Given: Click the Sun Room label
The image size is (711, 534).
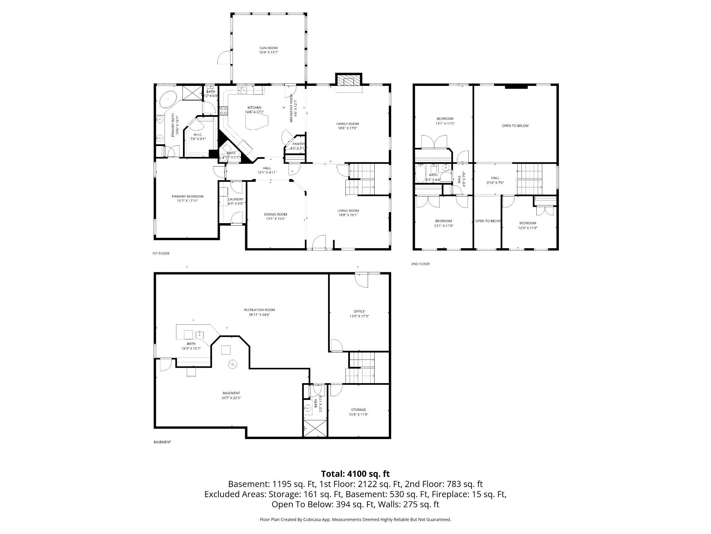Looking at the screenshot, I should [269, 48].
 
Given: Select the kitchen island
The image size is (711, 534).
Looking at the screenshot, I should [257, 122].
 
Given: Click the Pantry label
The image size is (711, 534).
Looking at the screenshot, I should [298, 144].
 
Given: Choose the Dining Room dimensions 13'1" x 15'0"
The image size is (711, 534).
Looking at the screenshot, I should [275, 219].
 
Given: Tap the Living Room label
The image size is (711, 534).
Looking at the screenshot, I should [348, 210].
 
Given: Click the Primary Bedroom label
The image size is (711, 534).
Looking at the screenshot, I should [187, 196].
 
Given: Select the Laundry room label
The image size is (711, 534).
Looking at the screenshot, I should [235, 199].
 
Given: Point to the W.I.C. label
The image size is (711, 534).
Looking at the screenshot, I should [198, 135].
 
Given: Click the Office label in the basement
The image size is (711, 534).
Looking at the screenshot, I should [359, 311].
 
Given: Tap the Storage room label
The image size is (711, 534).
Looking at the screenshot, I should [358, 410].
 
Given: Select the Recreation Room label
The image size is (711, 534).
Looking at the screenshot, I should [259, 310].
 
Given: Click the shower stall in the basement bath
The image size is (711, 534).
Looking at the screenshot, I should [315, 428].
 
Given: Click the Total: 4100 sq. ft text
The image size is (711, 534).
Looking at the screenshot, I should [355, 474].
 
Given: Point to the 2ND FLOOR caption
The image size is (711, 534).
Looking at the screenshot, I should [420, 264].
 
